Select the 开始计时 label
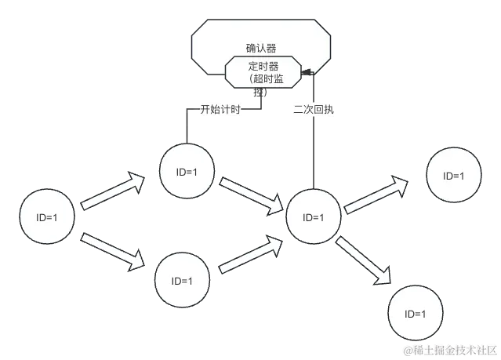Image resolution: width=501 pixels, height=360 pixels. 220,110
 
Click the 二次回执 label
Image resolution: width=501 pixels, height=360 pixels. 314,110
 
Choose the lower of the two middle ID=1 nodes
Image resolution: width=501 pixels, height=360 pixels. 182,280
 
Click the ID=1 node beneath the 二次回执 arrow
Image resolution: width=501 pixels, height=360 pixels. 314,217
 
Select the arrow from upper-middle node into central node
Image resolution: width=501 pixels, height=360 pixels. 251,196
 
